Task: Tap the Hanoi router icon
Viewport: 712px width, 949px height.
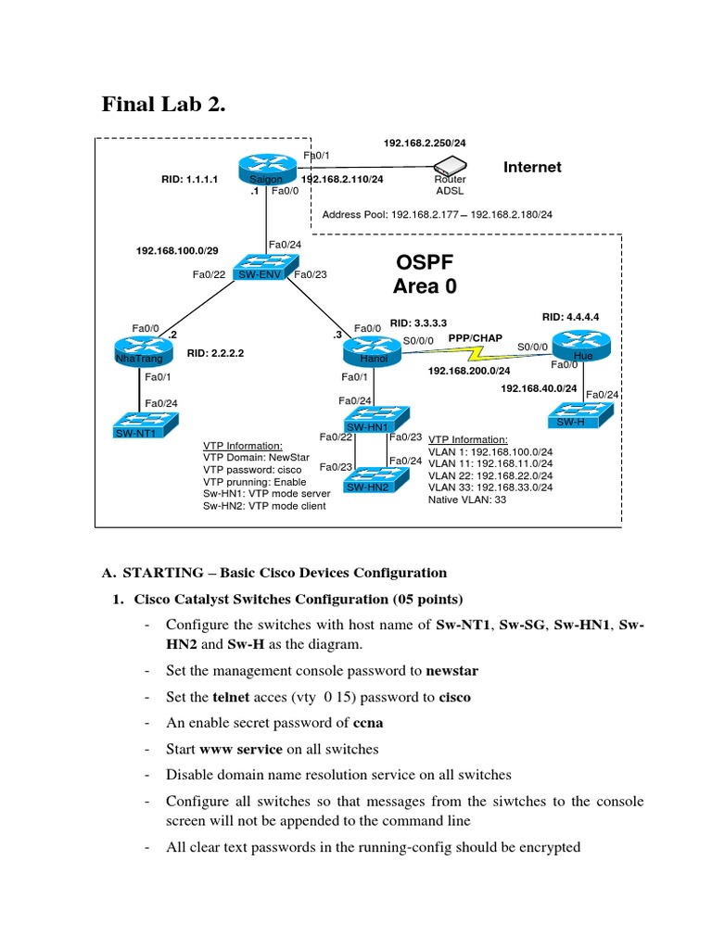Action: click(x=369, y=350)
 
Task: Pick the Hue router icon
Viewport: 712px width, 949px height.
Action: click(x=583, y=347)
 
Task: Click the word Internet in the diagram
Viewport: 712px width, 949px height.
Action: click(x=532, y=167)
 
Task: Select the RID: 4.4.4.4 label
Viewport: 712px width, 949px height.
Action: click(x=570, y=317)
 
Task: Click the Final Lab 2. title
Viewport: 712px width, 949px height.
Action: click(x=162, y=106)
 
